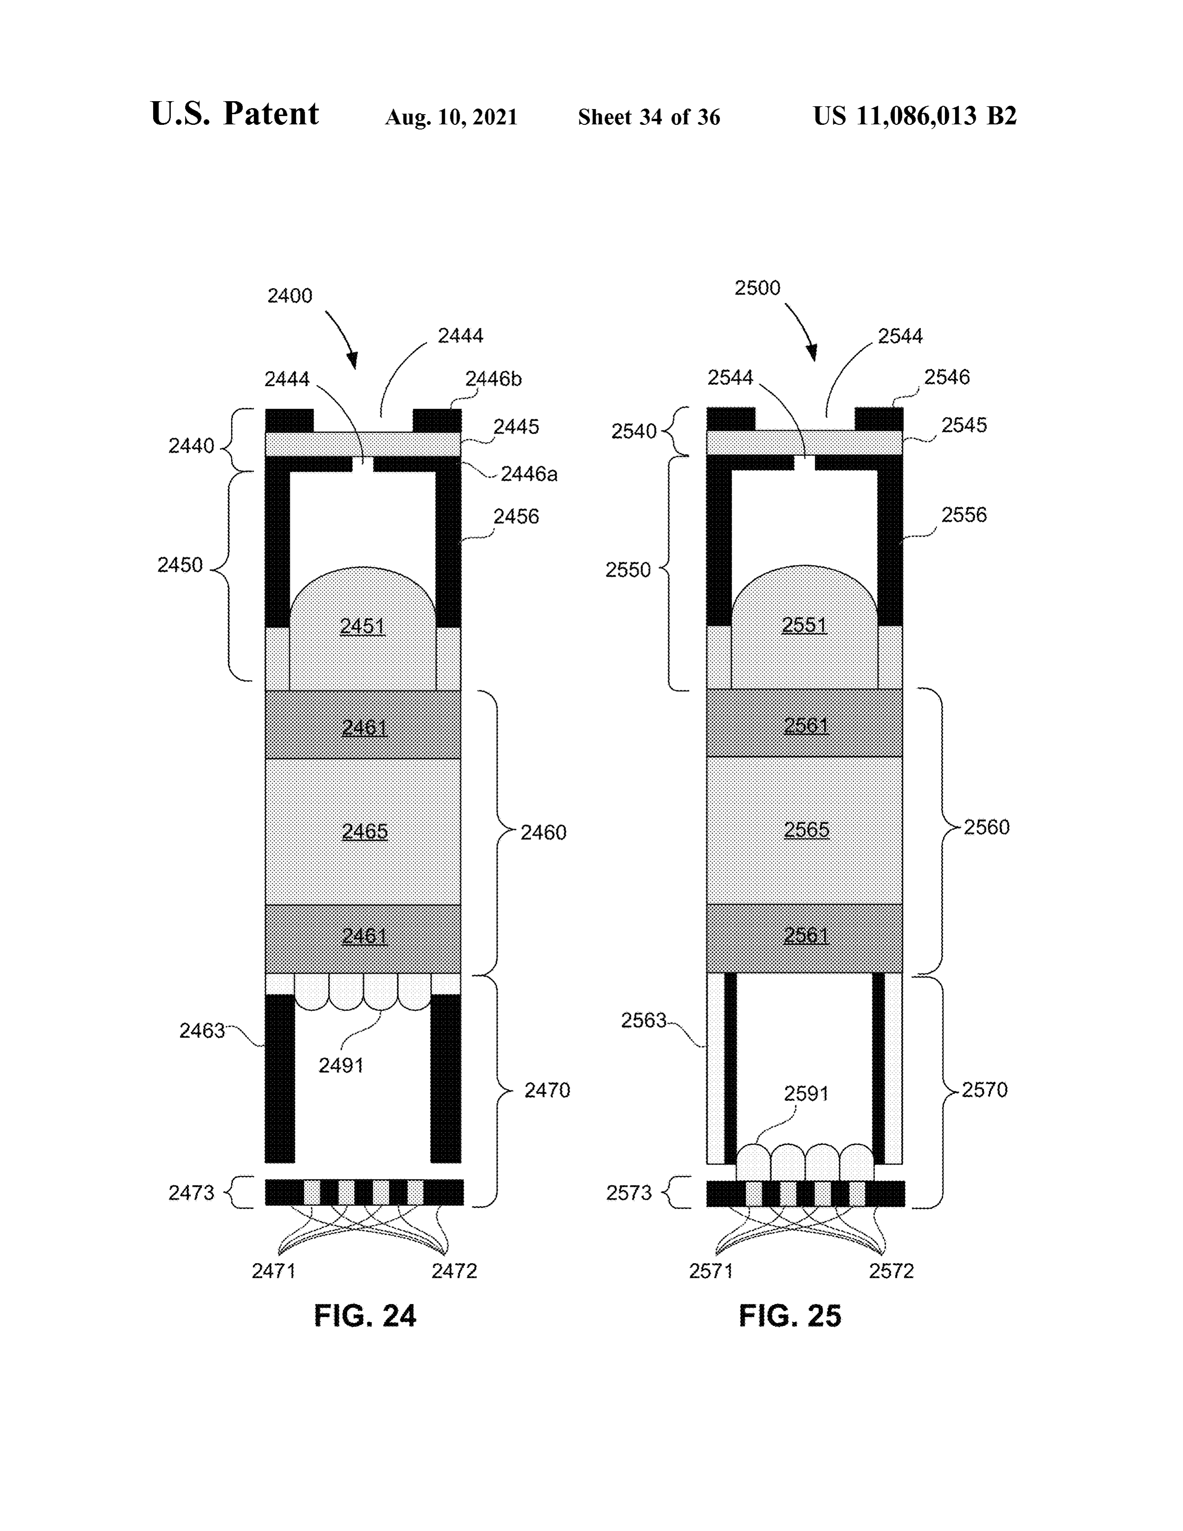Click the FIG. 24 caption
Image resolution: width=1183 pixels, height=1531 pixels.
(x=365, y=1316)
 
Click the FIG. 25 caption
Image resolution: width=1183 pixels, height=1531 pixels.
(x=790, y=1316)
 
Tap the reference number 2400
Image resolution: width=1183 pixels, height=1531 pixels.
(x=289, y=296)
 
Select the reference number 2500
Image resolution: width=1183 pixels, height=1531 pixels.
(x=757, y=288)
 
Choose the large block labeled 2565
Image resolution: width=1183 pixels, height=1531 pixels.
(x=804, y=830)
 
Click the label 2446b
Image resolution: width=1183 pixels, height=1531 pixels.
(x=494, y=379)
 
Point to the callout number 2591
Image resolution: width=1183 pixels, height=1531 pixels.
(x=806, y=1094)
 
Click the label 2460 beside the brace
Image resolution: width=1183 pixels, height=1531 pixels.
(x=543, y=833)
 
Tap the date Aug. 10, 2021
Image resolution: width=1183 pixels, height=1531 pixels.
(x=451, y=117)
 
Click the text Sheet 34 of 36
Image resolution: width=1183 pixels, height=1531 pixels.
(x=649, y=117)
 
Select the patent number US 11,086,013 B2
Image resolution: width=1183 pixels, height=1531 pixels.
(x=914, y=116)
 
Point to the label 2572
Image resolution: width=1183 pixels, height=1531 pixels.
(x=892, y=1271)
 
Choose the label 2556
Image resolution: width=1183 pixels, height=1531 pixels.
(x=964, y=515)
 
